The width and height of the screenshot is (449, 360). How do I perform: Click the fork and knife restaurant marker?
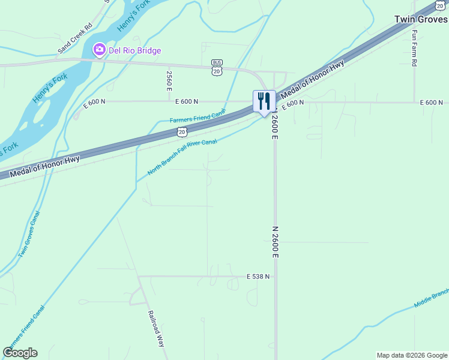tap(264, 101)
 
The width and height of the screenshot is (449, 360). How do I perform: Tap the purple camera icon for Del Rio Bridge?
tap(100, 50)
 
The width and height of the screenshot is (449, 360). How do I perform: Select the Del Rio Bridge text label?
tap(134, 50)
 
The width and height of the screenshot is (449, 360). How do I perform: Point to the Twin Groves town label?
tap(421, 19)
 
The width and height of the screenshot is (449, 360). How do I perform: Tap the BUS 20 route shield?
tap(217, 67)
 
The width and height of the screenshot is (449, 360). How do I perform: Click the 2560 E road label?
tap(169, 80)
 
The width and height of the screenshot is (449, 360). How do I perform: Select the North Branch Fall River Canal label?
tap(182, 157)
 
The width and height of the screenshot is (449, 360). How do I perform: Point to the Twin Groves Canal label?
tap(29, 235)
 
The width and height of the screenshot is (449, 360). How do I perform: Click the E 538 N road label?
tap(258, 277)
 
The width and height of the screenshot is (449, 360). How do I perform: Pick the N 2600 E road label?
tap(276, 242)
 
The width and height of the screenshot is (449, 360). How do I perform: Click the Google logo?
tap(20, 353)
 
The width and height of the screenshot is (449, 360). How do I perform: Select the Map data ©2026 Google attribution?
tap(412, 355)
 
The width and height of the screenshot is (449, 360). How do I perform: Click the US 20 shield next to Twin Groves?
tap(441, 5)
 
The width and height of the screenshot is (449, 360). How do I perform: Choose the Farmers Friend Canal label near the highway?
tap(197, 116)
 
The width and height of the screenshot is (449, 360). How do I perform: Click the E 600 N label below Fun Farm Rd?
tap(431, 103)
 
